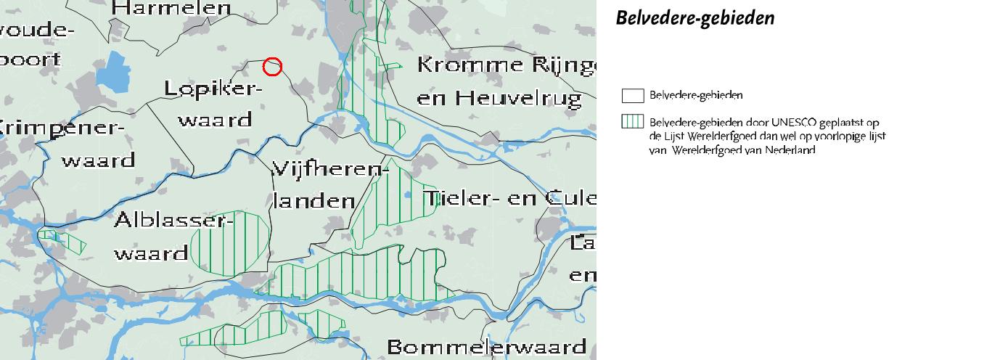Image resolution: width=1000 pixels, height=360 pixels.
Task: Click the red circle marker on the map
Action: click(272, 66)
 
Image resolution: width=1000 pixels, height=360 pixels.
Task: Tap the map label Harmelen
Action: click(173, 9)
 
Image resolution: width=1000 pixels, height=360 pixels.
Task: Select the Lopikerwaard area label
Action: click(213, 104)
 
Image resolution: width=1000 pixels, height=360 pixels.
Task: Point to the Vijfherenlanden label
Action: click(328, 186)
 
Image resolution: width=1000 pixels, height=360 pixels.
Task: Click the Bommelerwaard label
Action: click(486, 346)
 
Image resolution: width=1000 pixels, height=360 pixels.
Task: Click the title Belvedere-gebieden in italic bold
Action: click(694, 18)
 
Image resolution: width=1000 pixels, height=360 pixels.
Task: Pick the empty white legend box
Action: click(633, 96)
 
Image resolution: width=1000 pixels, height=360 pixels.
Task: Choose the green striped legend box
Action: click(633, 122)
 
